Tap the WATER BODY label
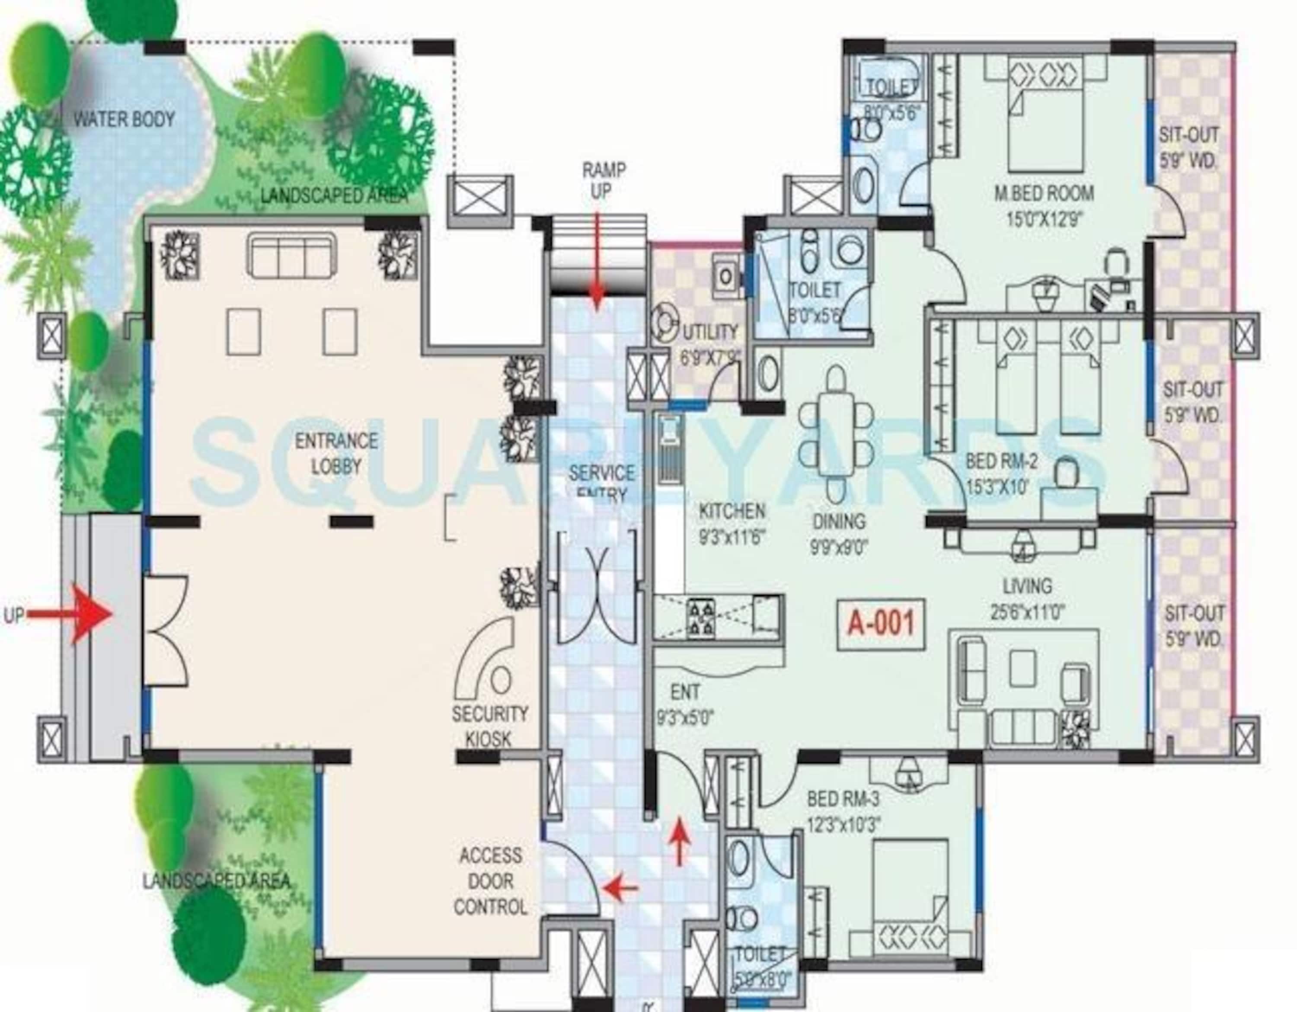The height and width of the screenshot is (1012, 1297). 124,119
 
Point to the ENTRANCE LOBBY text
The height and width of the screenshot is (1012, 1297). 336,453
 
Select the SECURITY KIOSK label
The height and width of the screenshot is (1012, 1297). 489,726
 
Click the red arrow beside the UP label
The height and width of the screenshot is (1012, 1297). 89,615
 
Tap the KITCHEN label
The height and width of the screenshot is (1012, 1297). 732,511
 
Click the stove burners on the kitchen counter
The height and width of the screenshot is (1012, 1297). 701,619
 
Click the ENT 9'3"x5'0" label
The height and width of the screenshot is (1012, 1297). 685,705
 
